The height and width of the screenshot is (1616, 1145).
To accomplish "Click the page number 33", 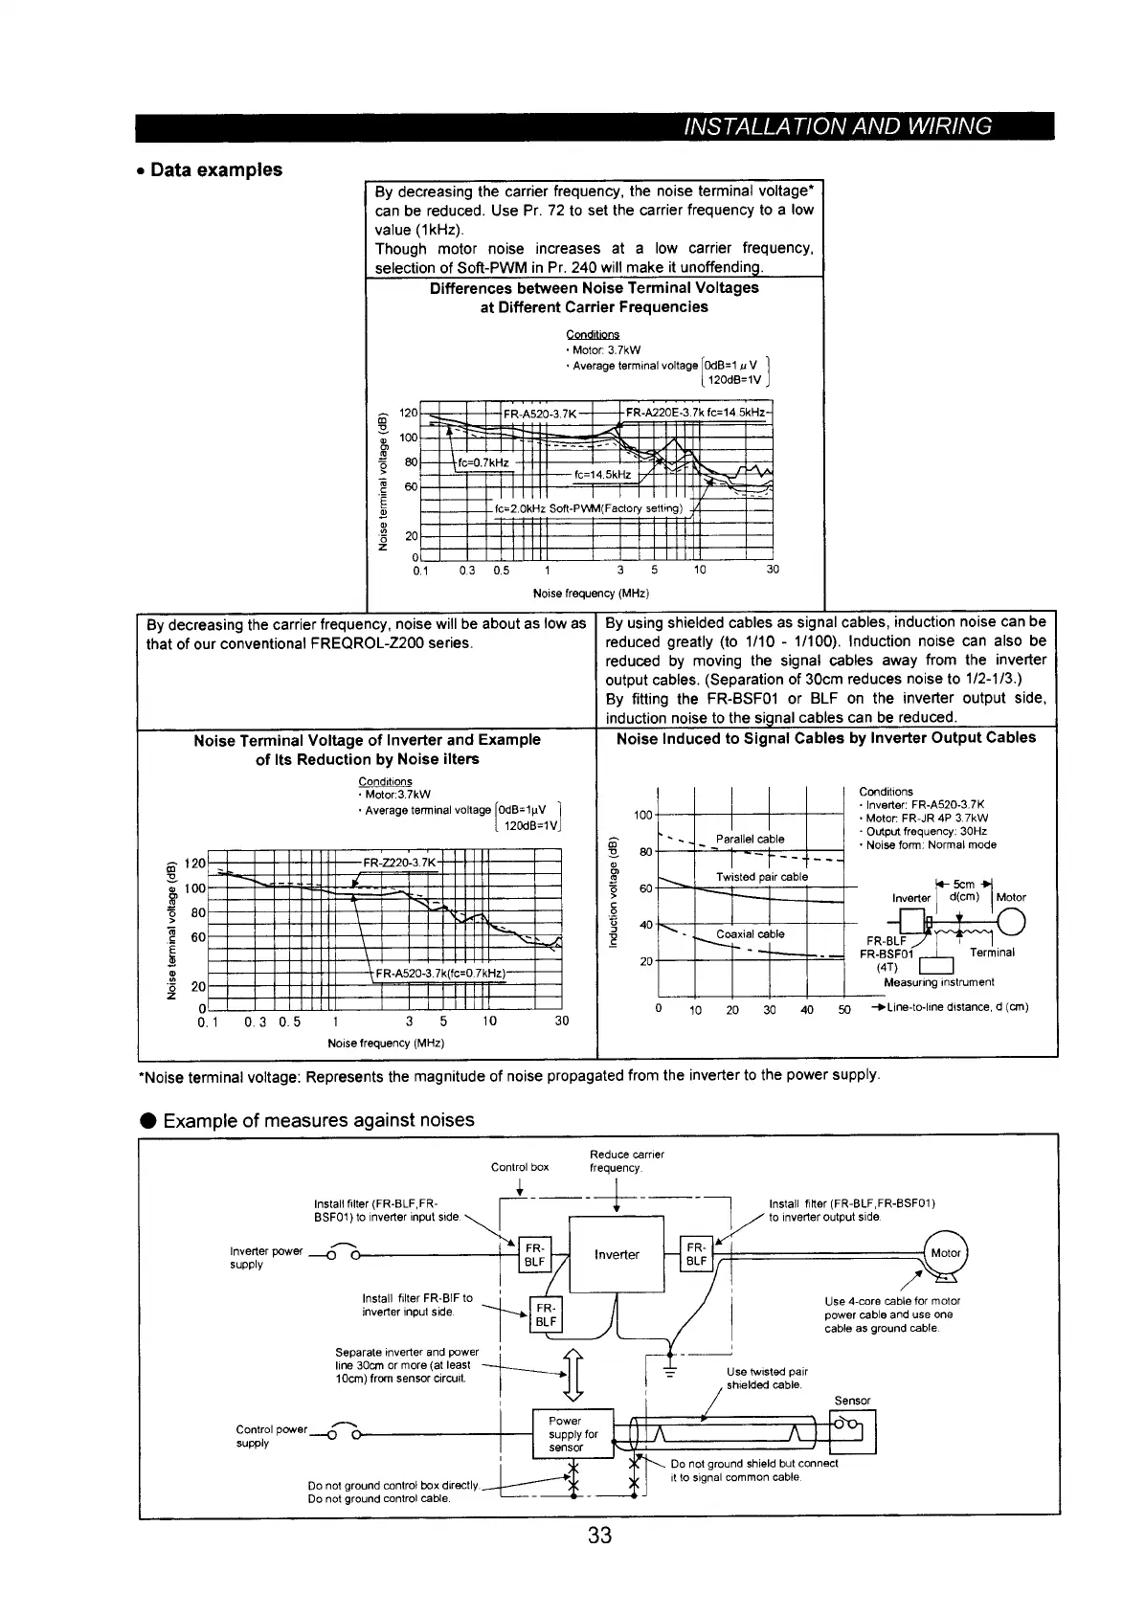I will [599, 1535].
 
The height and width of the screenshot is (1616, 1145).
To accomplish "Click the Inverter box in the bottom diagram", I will [617, 1254].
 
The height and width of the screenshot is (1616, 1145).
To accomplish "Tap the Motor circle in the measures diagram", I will [946, 1252].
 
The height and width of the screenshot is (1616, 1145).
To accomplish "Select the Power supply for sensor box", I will [572, 1433].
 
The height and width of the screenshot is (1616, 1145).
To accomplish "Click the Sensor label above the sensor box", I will [852, 1400].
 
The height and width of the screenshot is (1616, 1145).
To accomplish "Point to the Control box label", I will [520, 1167].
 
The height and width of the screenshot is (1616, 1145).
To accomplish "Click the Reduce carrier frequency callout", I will [627, 1160].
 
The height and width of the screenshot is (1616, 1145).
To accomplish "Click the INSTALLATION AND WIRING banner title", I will [837, 126].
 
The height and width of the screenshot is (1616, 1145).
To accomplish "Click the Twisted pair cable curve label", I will [762, 877].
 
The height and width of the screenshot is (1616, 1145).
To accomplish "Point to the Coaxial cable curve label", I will [751, 933].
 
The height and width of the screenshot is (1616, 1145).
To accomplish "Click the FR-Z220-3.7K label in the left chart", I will [400, 863].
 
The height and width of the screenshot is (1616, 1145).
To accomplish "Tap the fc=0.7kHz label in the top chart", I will [484, 463].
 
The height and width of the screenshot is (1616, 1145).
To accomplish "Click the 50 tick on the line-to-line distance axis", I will [844, 1009].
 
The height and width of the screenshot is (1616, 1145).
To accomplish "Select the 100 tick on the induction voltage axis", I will [642, 815].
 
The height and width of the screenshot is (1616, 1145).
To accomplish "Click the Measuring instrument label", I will [939, 981].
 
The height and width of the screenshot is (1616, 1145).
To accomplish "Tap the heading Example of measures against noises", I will [319, 1119].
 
